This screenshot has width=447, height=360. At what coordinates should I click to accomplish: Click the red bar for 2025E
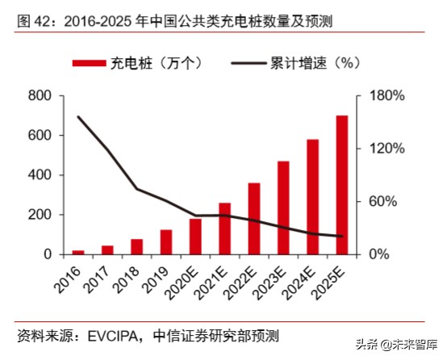[342, 185]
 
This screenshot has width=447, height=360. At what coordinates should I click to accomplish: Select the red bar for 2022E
[254, 219]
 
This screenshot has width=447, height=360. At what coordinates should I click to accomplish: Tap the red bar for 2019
[165, 242]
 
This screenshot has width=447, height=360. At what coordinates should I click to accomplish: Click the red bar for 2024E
[313, 197]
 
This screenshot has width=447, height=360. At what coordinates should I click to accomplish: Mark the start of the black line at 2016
[78, 116]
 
